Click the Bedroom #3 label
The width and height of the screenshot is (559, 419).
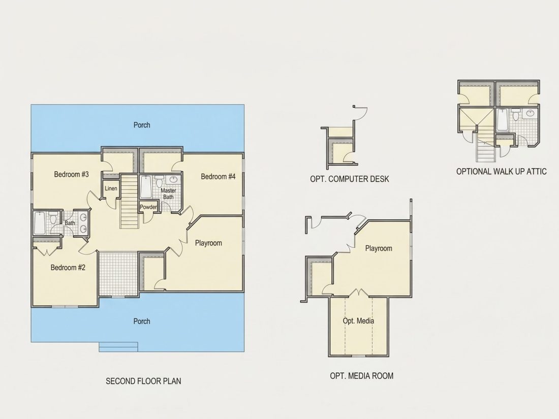(71, 174)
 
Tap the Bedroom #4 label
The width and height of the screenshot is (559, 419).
(218, 176)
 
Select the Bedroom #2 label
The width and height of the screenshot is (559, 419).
(68, 268)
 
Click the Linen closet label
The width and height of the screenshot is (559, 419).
(111, 188)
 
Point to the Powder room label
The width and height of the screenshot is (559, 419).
(148, 207)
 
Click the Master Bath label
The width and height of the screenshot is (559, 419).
(168, 194)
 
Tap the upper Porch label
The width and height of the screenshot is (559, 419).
(142, 125)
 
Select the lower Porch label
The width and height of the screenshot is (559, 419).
(142, 321)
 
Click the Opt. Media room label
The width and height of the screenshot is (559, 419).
(358, 321)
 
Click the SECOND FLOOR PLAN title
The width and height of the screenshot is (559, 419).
(143, 381)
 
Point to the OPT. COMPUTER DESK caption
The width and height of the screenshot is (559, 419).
(350, 179)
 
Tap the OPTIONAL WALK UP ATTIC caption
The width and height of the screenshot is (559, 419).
(501, 171)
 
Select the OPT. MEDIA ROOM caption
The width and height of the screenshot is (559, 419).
(361, 375)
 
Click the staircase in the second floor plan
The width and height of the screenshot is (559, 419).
(129, 201)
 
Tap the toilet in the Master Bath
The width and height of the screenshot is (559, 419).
(159, 181)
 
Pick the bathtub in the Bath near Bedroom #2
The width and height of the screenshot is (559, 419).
(40, 223)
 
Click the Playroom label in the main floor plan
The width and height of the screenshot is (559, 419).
(208, 243)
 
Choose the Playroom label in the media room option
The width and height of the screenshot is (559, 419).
(379, 248)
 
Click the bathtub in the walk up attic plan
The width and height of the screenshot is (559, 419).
(503, 120)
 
